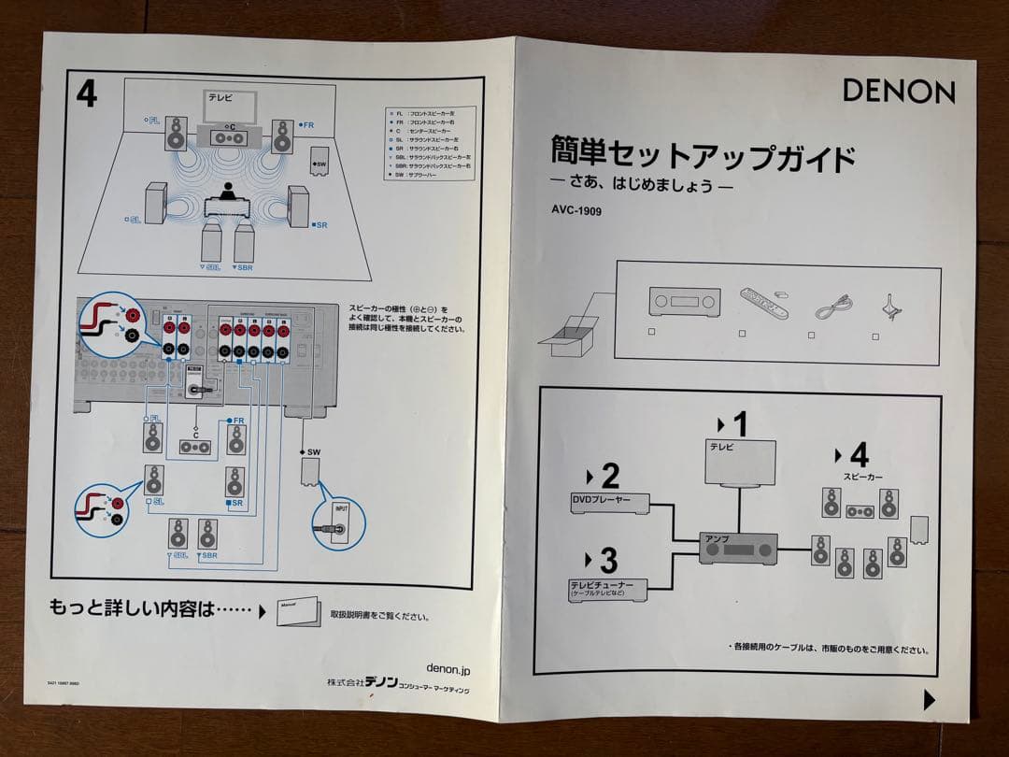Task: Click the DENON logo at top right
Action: [899, 91]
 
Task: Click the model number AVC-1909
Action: [576, 211]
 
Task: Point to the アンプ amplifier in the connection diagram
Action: [738, 548]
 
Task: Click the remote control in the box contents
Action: [763, 303]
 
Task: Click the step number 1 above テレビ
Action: [740, 424]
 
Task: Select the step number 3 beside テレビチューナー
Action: [608, 561]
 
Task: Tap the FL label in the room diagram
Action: [153, 120]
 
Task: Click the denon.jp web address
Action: [448, 668]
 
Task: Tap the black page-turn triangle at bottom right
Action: [929, 699]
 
